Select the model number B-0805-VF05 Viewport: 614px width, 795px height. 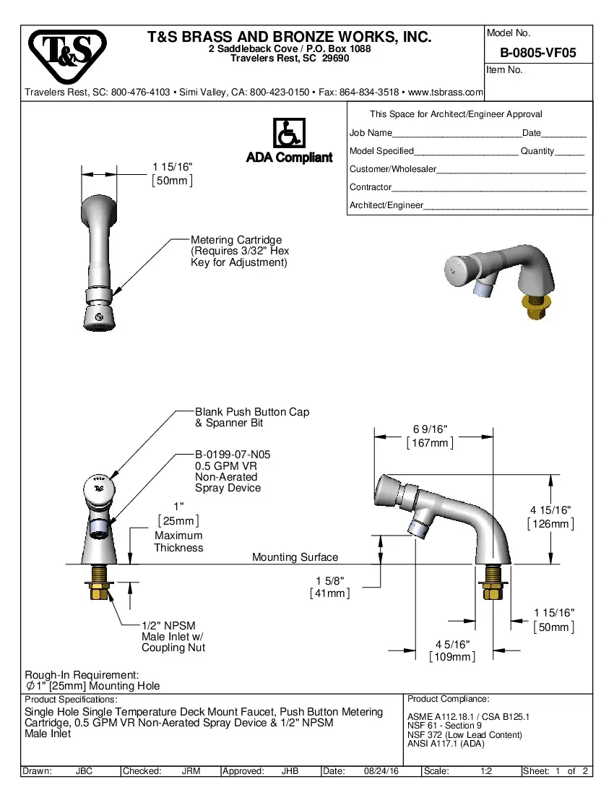click(537, 53)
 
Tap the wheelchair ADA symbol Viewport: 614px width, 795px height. click(289, 134)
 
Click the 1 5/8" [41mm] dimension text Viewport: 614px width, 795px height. click(329, 587)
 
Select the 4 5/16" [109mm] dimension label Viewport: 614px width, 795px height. click(452, 650)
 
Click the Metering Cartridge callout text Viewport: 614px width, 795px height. click(235, 240)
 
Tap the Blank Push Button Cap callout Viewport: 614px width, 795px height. click(251, 412)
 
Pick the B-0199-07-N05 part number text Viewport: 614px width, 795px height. click(233, 455)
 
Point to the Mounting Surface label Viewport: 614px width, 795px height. click(295, 557)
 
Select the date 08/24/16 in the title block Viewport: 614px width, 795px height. click(382, 771)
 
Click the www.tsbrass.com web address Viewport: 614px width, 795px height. click(446, 93)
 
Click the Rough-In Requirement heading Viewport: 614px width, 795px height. click(82, 674)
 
